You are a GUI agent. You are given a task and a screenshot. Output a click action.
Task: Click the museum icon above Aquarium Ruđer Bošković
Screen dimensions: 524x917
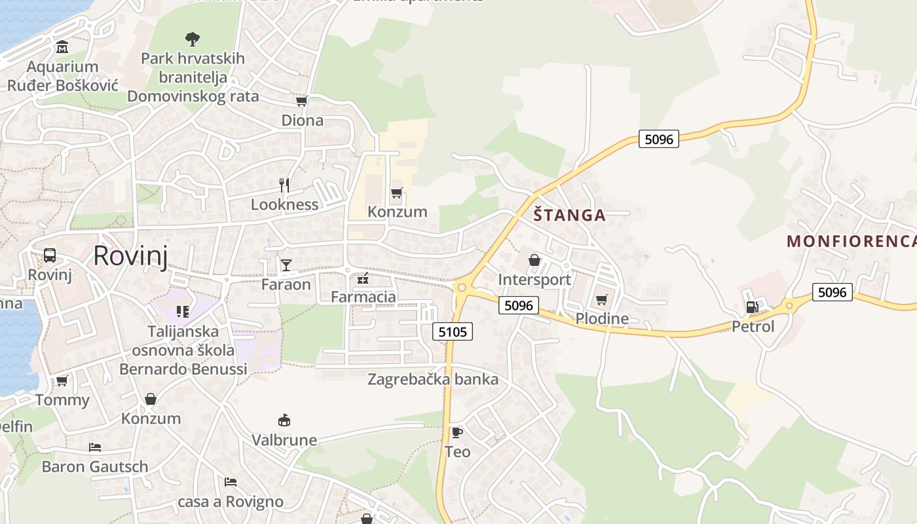[62, 47]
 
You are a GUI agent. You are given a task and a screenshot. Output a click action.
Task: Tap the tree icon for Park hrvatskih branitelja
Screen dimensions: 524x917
[193, 39]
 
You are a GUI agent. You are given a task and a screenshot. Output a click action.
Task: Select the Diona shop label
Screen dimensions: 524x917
[302, 121]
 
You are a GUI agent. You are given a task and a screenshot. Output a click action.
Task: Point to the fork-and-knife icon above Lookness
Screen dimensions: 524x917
[284, 185]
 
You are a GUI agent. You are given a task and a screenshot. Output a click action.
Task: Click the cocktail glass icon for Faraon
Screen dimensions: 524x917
[286, 265]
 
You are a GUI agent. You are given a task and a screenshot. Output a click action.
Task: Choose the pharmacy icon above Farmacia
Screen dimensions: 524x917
[363, 279]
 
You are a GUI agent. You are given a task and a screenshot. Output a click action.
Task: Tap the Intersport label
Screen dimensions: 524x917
[534, 280]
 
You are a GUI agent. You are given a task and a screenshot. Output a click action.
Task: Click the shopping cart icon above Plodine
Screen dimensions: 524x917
[601, 300]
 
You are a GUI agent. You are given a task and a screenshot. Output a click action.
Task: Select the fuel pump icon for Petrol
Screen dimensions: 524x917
[753, 307]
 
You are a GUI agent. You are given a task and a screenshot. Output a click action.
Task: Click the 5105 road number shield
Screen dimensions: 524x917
[453, 332]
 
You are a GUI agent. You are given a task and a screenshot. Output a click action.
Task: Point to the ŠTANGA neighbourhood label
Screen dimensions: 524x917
[569, 215]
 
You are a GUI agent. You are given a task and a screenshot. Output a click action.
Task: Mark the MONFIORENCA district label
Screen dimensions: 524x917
[851, 241]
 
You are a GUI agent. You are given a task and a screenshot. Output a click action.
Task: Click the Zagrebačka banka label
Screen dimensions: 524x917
[433, 379]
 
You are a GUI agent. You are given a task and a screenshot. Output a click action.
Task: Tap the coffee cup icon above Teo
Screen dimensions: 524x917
[457, 432]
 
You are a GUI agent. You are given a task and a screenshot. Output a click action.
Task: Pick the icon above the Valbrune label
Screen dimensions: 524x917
[284, 421]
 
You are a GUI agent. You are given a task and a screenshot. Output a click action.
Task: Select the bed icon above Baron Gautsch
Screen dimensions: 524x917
[95, 448]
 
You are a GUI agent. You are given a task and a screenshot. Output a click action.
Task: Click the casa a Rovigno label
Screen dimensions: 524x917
[231, 502]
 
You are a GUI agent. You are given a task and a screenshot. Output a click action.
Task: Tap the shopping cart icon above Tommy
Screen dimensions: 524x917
[62, 381]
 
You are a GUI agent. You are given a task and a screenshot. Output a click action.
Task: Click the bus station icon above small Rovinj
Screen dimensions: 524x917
[50, 255]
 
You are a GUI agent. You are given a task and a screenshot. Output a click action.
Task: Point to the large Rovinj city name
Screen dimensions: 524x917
[130, 255]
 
